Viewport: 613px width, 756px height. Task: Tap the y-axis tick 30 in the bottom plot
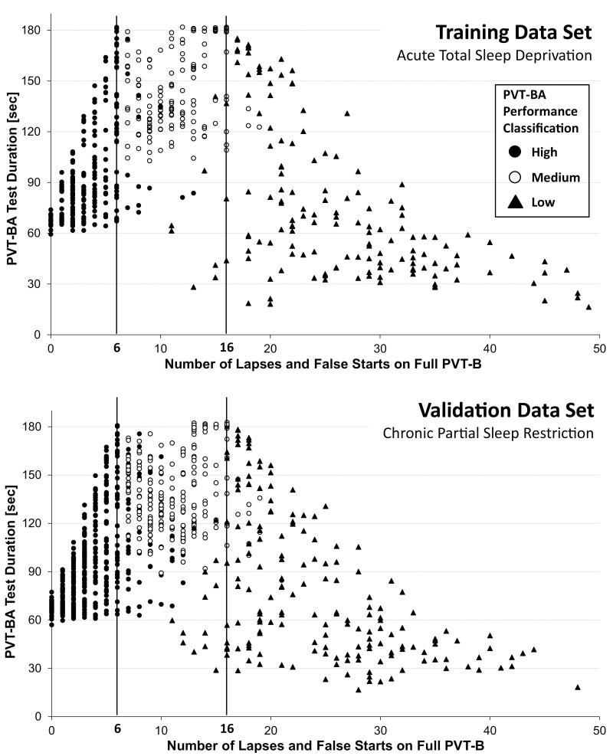click(34, 668)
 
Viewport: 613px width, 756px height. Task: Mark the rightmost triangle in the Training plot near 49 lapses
click(588, 306)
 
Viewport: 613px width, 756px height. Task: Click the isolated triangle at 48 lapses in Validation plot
click(578, 687)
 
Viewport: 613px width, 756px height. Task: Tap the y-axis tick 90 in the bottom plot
click(34, 571)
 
